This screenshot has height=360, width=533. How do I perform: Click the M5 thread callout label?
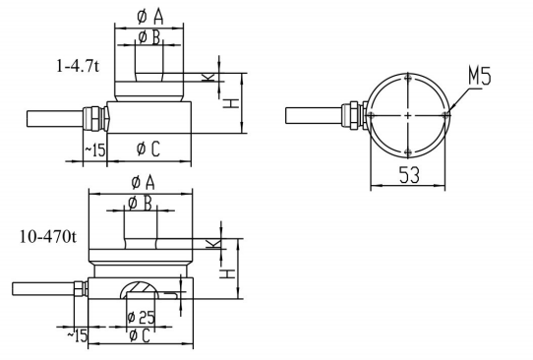click(480, 76)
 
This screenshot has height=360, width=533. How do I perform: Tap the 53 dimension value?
click(409, 175)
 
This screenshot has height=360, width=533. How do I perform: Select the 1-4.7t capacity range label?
click(78, 66)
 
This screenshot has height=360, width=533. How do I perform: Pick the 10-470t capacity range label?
click(48, 236)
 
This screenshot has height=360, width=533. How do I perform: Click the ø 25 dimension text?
click(141, 318)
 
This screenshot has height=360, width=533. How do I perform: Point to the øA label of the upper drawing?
click(150, 17)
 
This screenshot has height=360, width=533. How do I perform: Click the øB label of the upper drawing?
click(149, 37)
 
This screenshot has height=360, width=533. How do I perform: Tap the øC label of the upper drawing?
click(148, 149)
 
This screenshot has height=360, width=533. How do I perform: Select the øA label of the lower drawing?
click(144, 183)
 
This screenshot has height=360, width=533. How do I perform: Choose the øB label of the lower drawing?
click(140, 204)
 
